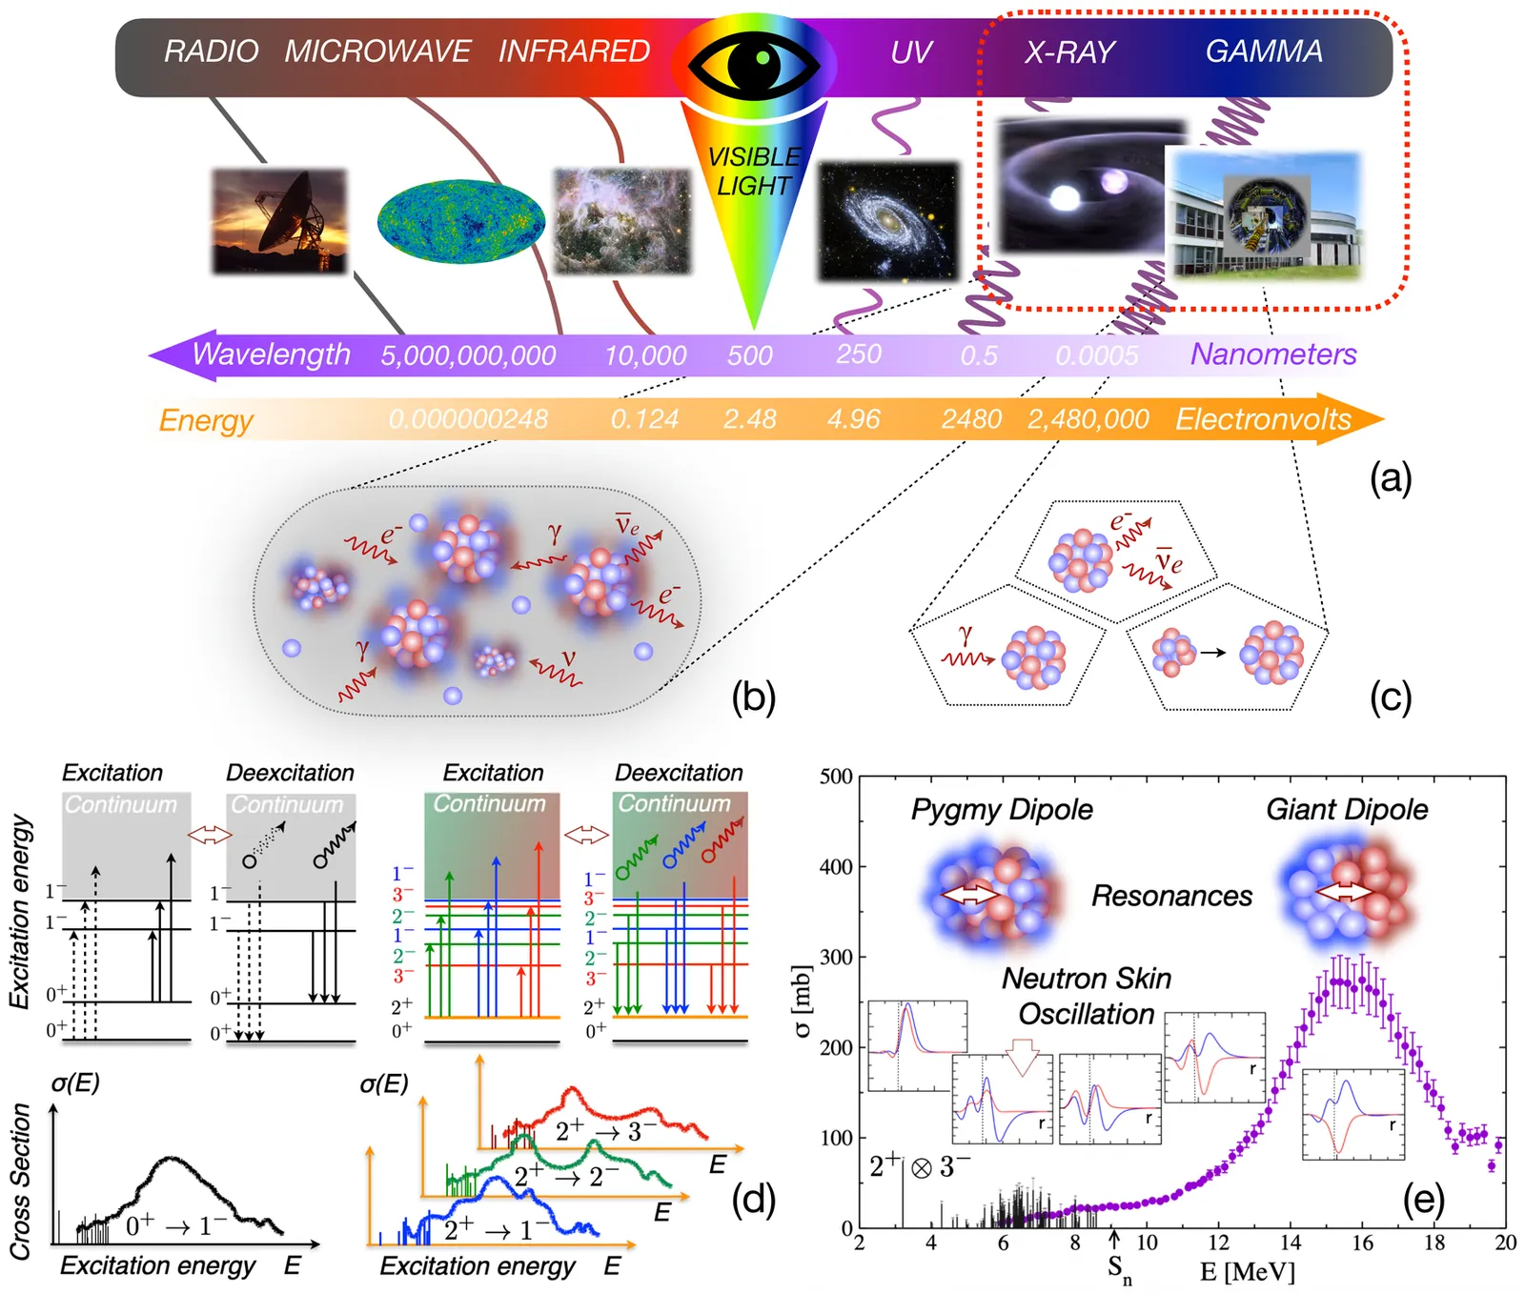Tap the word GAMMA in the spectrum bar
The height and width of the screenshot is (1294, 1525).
[1264, 51]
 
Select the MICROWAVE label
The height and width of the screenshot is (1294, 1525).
[377, 51]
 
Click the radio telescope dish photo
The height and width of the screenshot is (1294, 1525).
[278, 221]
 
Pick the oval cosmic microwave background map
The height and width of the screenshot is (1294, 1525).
[460, 222]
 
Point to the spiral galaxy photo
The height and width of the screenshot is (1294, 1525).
[887, 222]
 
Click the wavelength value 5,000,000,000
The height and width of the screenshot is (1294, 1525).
[468, 356]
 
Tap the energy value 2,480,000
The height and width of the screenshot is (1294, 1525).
[1088, 419]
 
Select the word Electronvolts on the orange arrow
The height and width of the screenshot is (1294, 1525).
[1263, 419]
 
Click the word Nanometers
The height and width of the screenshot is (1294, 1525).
[1273, 354]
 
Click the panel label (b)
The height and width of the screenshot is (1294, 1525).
[753, 698]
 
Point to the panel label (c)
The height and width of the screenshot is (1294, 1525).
[1390, 698]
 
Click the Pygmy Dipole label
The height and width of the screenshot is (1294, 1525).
[1002, 810]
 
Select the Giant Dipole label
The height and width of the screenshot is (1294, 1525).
[1347, 810]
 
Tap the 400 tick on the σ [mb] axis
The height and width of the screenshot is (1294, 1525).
[836, 867]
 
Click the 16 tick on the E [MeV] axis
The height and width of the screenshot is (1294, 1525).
[1363, 1243]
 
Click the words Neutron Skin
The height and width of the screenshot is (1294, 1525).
[1087, 979]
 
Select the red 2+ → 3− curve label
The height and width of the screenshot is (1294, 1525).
[605, 1131]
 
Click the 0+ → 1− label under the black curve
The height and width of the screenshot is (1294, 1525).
[176, 1226]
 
